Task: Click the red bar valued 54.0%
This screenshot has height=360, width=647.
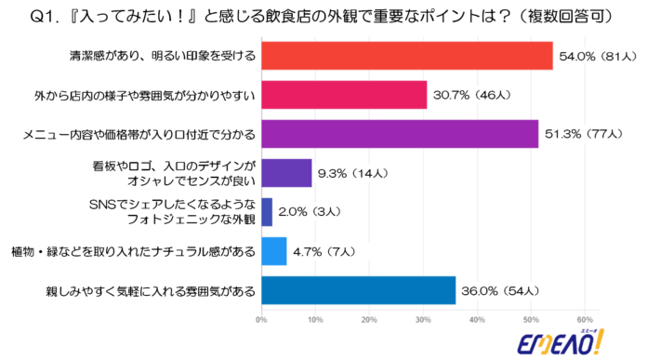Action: (x=406, y=56)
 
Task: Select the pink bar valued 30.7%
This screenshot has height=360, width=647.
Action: (x=344, y=95)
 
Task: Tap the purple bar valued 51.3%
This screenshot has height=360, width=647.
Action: (x=400, y=134)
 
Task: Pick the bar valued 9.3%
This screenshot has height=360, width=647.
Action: (x=286, y=173)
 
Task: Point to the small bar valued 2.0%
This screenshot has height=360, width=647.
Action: (x=267, y=212)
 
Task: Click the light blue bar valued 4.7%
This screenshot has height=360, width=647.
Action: (x=274, y=251)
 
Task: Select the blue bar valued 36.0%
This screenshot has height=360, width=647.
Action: (x=358, y=290)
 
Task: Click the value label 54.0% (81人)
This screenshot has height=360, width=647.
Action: (x=595, y=57)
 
